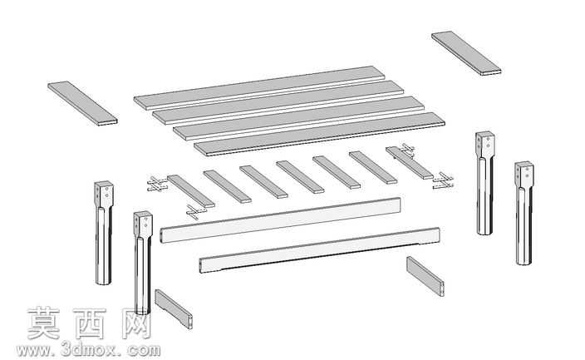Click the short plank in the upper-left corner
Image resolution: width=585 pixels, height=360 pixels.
[82, 103]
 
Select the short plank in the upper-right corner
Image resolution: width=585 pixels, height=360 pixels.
[466, 53]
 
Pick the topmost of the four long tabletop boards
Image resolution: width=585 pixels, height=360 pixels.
[259, 88]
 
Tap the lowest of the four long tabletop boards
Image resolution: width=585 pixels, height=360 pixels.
[320, 134]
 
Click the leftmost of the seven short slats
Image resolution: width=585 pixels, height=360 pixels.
[191, 191]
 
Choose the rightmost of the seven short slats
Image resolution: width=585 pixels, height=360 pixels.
[410, 163]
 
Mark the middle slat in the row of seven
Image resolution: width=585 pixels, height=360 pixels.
[300, 177]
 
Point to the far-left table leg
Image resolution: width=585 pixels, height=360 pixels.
[104, 233]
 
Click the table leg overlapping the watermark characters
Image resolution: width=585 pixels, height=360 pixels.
[143, 263]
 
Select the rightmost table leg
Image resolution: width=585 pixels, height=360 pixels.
[524, 213]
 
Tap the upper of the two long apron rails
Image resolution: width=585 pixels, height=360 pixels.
[281, 220]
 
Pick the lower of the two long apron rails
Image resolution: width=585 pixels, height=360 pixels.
[319, 250]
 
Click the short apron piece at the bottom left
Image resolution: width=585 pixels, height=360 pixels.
[174, 309]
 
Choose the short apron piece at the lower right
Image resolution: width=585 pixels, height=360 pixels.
[425, 276]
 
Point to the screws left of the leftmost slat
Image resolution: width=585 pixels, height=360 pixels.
[157, 184]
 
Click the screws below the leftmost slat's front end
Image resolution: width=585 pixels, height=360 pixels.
[195, 212]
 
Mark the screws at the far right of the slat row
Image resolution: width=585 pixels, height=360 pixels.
[443, 180]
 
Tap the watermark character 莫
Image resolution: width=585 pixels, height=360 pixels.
[44, 323]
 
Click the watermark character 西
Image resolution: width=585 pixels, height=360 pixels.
[90, 323]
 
